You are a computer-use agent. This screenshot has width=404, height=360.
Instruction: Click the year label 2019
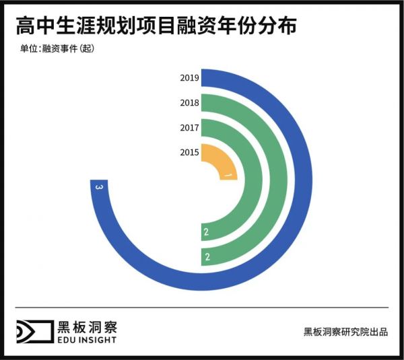189,78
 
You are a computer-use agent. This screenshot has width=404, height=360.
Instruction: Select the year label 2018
189,103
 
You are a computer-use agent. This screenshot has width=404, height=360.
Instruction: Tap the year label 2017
189,128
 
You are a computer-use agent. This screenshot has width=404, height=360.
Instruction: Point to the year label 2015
189,153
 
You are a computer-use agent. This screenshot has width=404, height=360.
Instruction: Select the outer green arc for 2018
279,180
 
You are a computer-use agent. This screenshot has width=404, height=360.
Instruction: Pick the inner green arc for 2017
255,180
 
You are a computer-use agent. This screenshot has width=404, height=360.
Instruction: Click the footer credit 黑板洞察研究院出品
345,331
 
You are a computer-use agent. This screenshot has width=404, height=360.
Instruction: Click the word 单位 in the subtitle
29,48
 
